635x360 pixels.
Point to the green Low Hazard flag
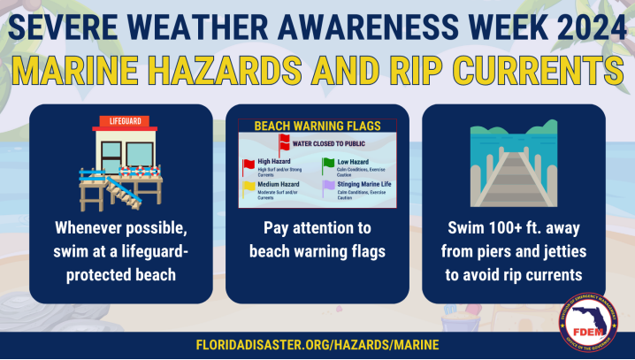point(327,164)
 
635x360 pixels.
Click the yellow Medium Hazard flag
point(248,188)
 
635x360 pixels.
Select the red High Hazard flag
point(248,165)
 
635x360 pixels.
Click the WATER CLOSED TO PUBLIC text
point(325,142)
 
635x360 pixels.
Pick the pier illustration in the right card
point(513,169)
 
